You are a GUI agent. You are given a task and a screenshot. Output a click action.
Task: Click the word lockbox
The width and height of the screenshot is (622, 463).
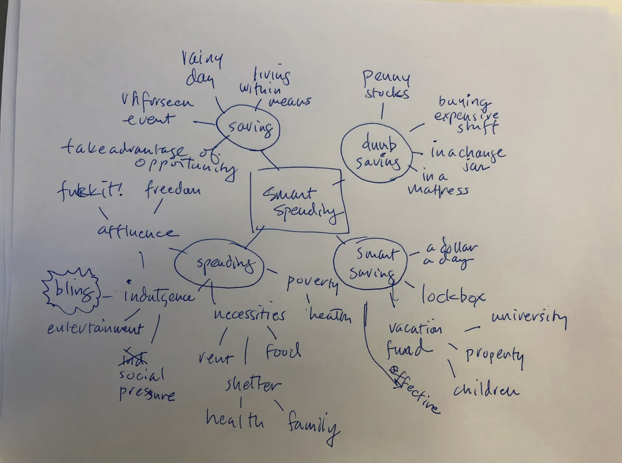pos(452,296)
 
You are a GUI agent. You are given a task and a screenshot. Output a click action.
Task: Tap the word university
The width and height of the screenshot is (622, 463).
pos(529,318)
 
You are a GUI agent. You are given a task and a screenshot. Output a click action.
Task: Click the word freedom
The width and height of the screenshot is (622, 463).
pos(172,189)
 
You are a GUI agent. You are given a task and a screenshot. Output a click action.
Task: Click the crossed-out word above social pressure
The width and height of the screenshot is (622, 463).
pos(133,356)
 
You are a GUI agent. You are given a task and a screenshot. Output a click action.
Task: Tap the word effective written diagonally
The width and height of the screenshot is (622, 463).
pos(415,390)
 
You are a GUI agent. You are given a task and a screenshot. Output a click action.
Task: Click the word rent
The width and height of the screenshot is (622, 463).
pos(215,357)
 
